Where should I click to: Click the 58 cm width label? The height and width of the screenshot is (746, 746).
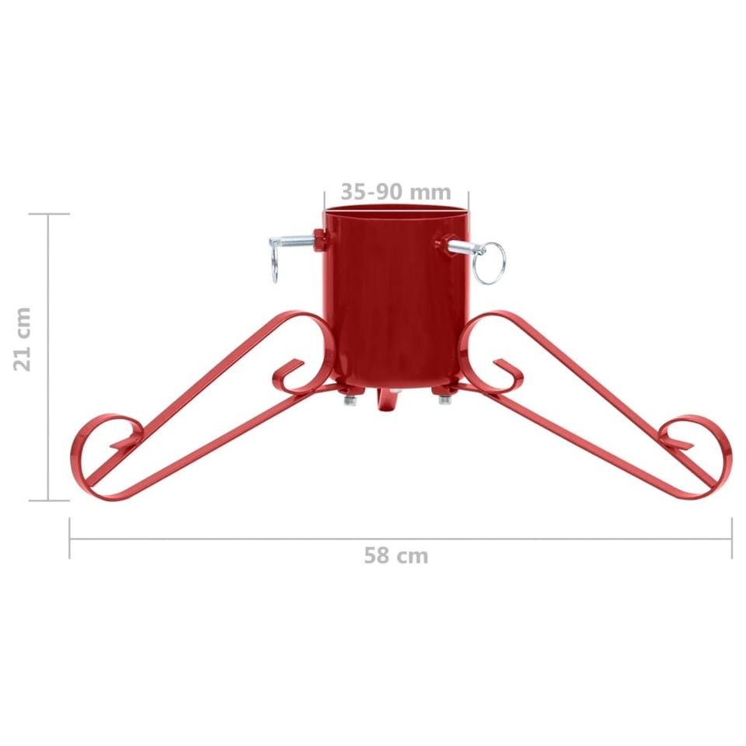[396, 556]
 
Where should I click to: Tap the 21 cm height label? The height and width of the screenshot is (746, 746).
[23, 340]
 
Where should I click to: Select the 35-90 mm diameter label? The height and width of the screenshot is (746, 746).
[396, 192]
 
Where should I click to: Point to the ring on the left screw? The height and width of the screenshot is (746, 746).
[274, 267]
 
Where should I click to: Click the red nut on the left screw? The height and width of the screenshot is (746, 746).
[319, 240]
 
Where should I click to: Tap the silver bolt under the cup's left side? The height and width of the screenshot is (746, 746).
[350, 400]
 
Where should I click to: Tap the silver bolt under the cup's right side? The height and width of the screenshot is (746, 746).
[444, 399]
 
